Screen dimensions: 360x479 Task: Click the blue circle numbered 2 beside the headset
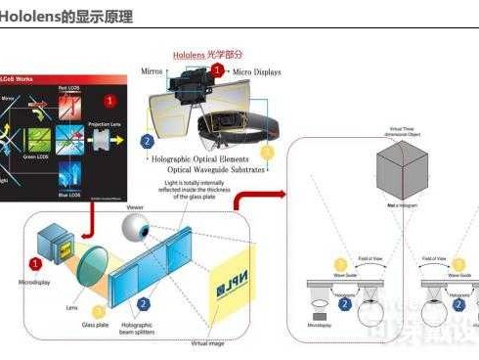coord(147,141)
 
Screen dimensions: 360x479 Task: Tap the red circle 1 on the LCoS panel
coord(110,100)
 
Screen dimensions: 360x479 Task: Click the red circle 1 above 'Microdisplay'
coord(36,263)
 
